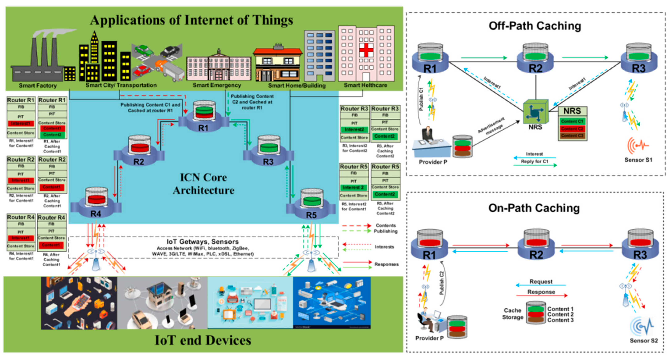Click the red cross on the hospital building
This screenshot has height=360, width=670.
tap(366, 50)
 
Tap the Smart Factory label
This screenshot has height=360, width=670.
tap(38, 86)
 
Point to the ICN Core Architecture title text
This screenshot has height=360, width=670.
tap(203, 184)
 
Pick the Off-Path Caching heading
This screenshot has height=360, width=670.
tap(535, 26)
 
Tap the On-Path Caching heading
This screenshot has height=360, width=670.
tap(534, 208)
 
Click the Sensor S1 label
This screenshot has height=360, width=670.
tap(638, 160)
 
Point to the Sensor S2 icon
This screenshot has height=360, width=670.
tap(642, 326)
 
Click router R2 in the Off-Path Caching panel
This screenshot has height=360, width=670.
tap(536, 59)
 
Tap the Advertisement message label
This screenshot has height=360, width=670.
tap(491, 126)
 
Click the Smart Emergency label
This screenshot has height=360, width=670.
tap(217, 85)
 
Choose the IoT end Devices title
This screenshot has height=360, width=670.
tap(203, 340)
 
